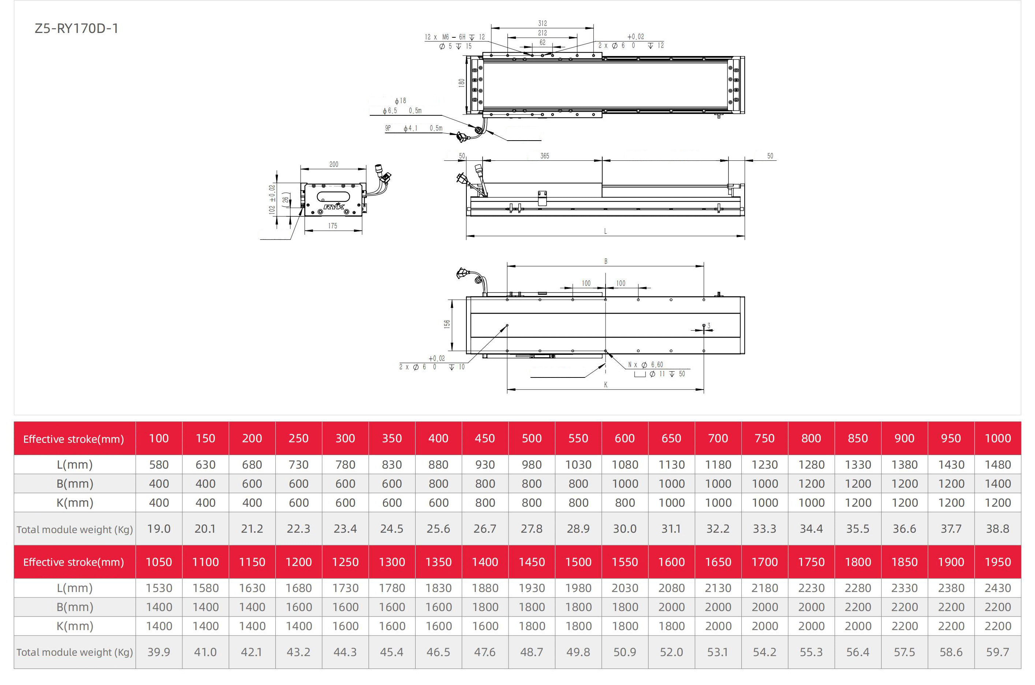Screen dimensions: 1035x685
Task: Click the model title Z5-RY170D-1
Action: tap(77, 29)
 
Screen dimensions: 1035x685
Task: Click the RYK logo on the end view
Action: tap(334, 206)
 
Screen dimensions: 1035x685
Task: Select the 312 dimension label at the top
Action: tap(542, 23)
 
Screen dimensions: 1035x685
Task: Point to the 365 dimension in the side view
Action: tap(544, 156)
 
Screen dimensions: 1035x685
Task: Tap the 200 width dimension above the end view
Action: tap(334, 164)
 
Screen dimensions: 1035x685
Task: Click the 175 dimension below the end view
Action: tap(332, 226)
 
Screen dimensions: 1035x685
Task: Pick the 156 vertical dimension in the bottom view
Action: tap(447, 324)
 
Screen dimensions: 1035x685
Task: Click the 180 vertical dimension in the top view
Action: tap(461, 83)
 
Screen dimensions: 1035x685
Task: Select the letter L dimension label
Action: tap(605, 231)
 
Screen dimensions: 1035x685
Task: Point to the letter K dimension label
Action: tap(606, 384)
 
